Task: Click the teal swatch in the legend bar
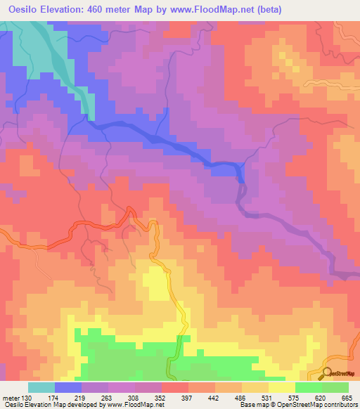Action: (x=41, y=387)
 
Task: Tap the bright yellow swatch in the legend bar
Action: (x=282, y=387)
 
